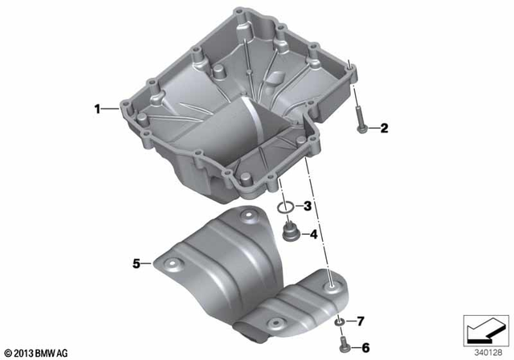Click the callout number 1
[97, 108]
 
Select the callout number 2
[384, 128]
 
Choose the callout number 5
[137, 262]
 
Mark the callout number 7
[361, 321]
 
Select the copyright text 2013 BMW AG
[36, 352]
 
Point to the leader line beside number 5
[150, 262]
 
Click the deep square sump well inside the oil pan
[257, 137]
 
